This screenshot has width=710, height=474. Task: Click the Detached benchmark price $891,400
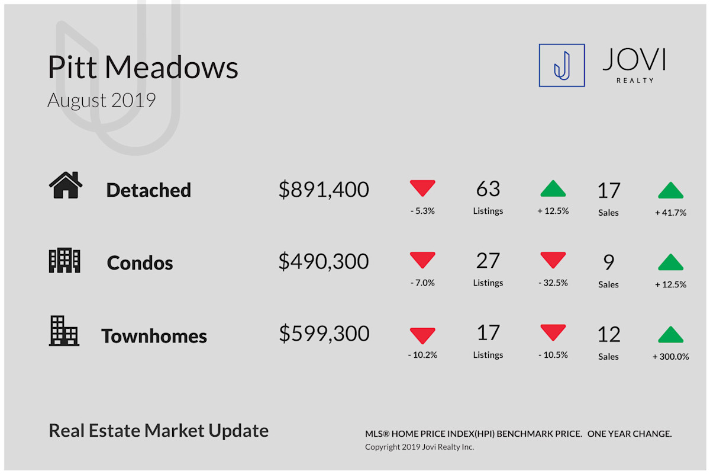click(324, 190)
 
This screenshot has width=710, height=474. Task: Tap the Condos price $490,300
click(324, 262)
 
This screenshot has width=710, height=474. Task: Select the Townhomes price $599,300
click(324, 334)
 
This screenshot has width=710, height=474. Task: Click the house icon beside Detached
click(66, 185)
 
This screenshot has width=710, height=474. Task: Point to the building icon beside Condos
click(64, 260)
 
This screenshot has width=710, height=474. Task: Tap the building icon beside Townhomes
click(64, 331)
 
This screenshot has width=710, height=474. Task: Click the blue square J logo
click(561, 65)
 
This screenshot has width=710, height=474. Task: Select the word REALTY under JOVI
click(635, 81)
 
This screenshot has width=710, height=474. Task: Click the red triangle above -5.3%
click(422, 188)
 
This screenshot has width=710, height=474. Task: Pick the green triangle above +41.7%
click(671, 190)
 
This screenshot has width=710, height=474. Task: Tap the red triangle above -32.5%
click(553, 260)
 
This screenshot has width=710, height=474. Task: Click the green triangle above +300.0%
click(671, 334)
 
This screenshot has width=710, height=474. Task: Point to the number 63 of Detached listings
click(488, 188)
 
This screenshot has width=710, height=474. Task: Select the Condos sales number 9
click(609, 262)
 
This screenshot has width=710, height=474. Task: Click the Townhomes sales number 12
click(609, 334)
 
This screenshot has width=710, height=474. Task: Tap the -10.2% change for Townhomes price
click(422, 355)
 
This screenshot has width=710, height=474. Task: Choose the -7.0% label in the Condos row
click(422, 283)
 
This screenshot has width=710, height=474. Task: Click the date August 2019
click(101, 100)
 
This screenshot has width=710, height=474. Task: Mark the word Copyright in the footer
click(382, 447)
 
